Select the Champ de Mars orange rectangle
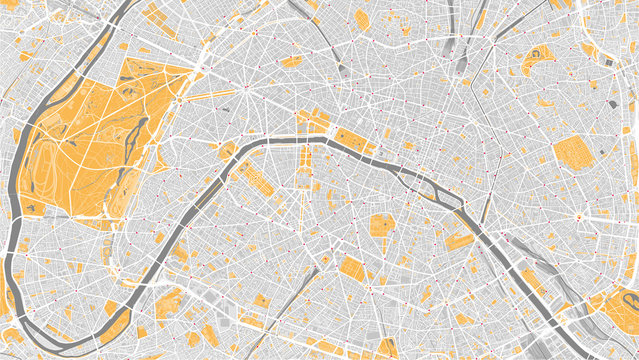click(x=256, y=180)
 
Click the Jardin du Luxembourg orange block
click(x=381, y=225)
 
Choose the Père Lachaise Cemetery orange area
click(x=572, y=153)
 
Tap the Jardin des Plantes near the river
click(x=457, y=238)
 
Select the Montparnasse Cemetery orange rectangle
click(x=351, y=267)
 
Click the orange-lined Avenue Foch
click(x=215, y=99)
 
